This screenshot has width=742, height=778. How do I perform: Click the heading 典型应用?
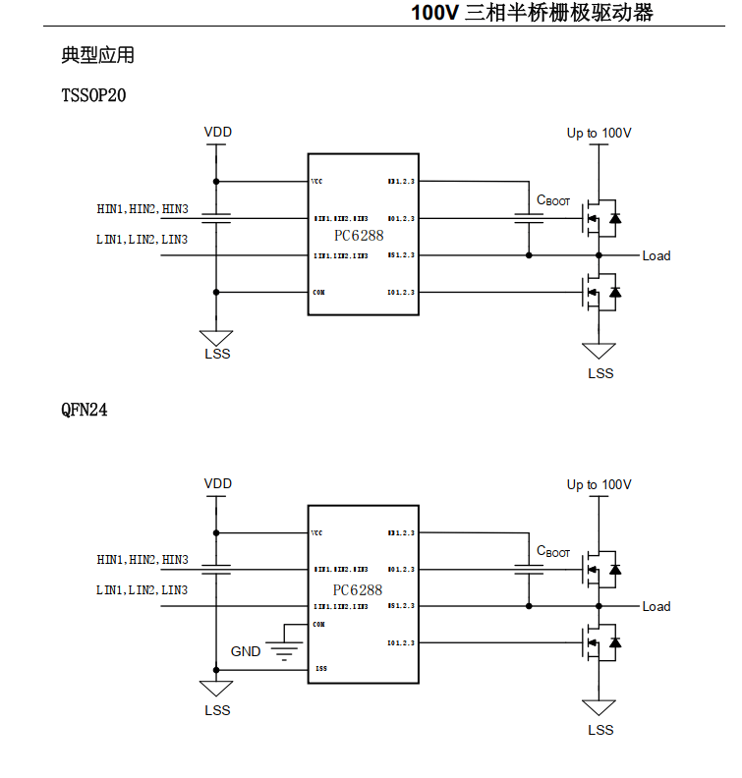[97, 56]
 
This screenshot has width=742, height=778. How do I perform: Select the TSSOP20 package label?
[93, 96]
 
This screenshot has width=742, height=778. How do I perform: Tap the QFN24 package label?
[85, 411]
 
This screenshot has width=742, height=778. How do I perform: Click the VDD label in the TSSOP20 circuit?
[218, 133]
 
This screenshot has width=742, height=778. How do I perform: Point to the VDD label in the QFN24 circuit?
[218, 483]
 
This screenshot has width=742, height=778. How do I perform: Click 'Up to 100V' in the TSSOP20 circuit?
[599, 133]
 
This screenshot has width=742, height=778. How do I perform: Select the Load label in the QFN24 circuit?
[656, 606]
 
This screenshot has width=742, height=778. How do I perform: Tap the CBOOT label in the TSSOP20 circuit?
[553, 200]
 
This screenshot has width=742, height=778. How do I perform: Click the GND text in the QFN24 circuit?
[246, 651]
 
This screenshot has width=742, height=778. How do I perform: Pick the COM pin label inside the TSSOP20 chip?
[318, 292]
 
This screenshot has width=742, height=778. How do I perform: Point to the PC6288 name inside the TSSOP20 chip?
[358, 236]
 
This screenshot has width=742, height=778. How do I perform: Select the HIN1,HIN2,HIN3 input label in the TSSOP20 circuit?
[143, 208]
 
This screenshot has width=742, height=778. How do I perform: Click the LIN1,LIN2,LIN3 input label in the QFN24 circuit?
[143, 590]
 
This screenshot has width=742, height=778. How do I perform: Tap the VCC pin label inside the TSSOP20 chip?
[317, 182]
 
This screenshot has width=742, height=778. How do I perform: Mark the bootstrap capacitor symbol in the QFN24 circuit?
[529, 569]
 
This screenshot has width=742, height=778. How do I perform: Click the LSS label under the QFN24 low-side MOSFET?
[599, 730]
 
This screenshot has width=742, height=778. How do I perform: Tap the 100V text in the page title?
[435, 13]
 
